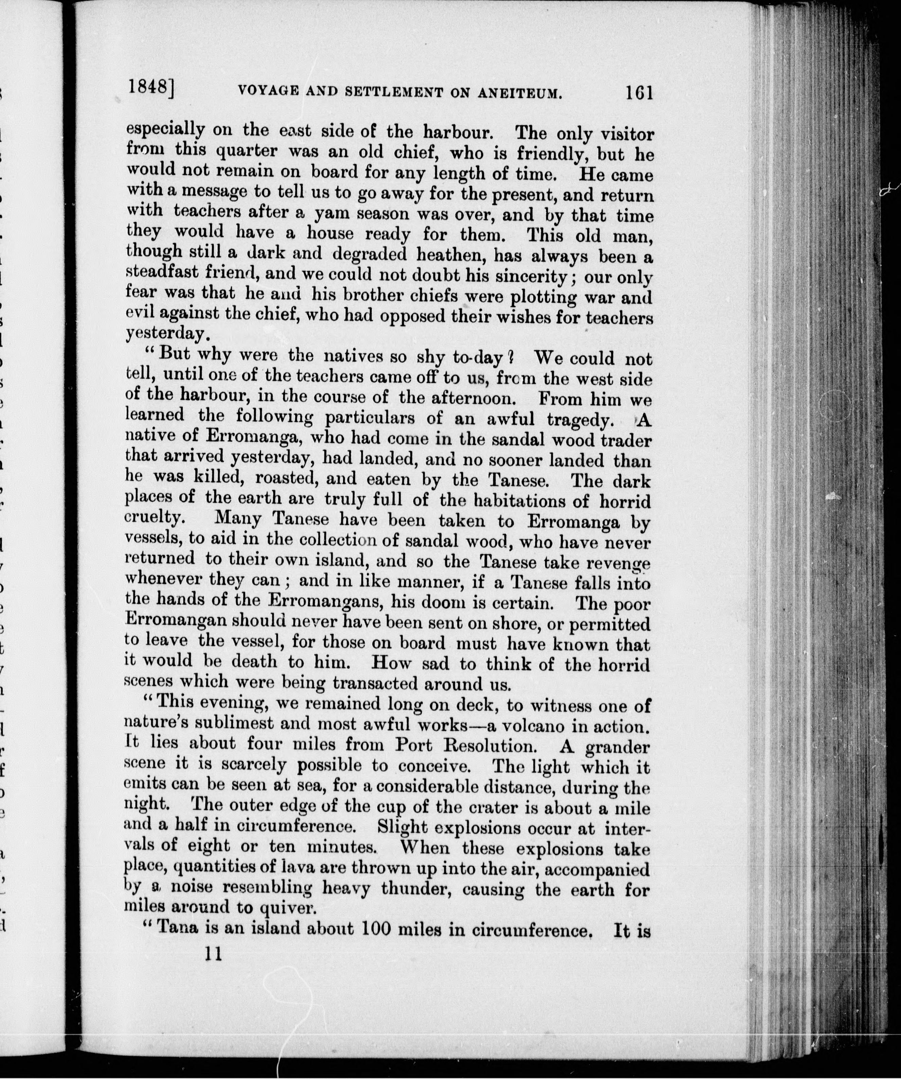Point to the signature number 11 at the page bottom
[x=212, y=954]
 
